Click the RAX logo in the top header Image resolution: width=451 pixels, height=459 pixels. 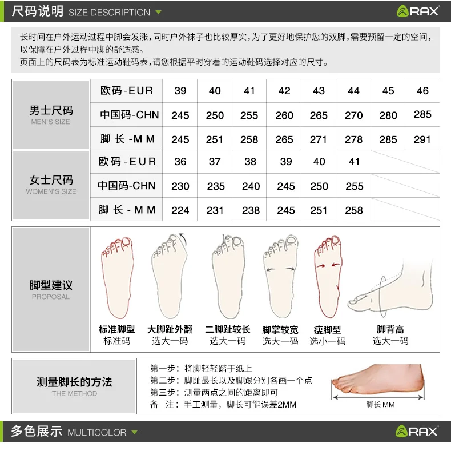(x=418, y=11)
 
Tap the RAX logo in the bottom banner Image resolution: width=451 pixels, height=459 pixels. (x=417, y=431)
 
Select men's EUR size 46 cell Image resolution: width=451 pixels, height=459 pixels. (x=422, y=91)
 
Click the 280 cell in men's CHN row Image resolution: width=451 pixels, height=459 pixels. (x=388, y=115)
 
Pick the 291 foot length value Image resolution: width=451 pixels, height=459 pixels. (x=422, y=139)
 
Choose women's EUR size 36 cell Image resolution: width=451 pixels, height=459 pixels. (x=180, y=162)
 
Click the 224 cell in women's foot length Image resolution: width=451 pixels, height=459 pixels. (x=180, y=210)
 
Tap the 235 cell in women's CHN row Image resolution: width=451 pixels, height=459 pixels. (x=216, y=186)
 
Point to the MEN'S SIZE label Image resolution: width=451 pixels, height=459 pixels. (x=51, y=122)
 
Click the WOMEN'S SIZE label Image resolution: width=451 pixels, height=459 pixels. (x=51, y=191)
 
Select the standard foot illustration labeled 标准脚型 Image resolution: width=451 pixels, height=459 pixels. (x=117, y=277)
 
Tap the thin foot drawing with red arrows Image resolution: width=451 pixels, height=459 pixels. (x=328, y=276)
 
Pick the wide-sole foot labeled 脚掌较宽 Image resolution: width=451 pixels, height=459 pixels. (x=281, y=276)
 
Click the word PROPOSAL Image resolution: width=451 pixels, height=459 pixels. (x=51, y=297)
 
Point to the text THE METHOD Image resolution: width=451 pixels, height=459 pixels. (x=75, y=393)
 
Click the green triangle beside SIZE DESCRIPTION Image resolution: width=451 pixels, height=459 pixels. (x=158, y=13)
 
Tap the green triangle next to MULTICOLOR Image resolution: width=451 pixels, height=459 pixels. (x=135, y=432)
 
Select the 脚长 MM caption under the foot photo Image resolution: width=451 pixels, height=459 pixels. (x=380, y=405)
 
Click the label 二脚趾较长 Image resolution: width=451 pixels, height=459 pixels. (x=227, y=330)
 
